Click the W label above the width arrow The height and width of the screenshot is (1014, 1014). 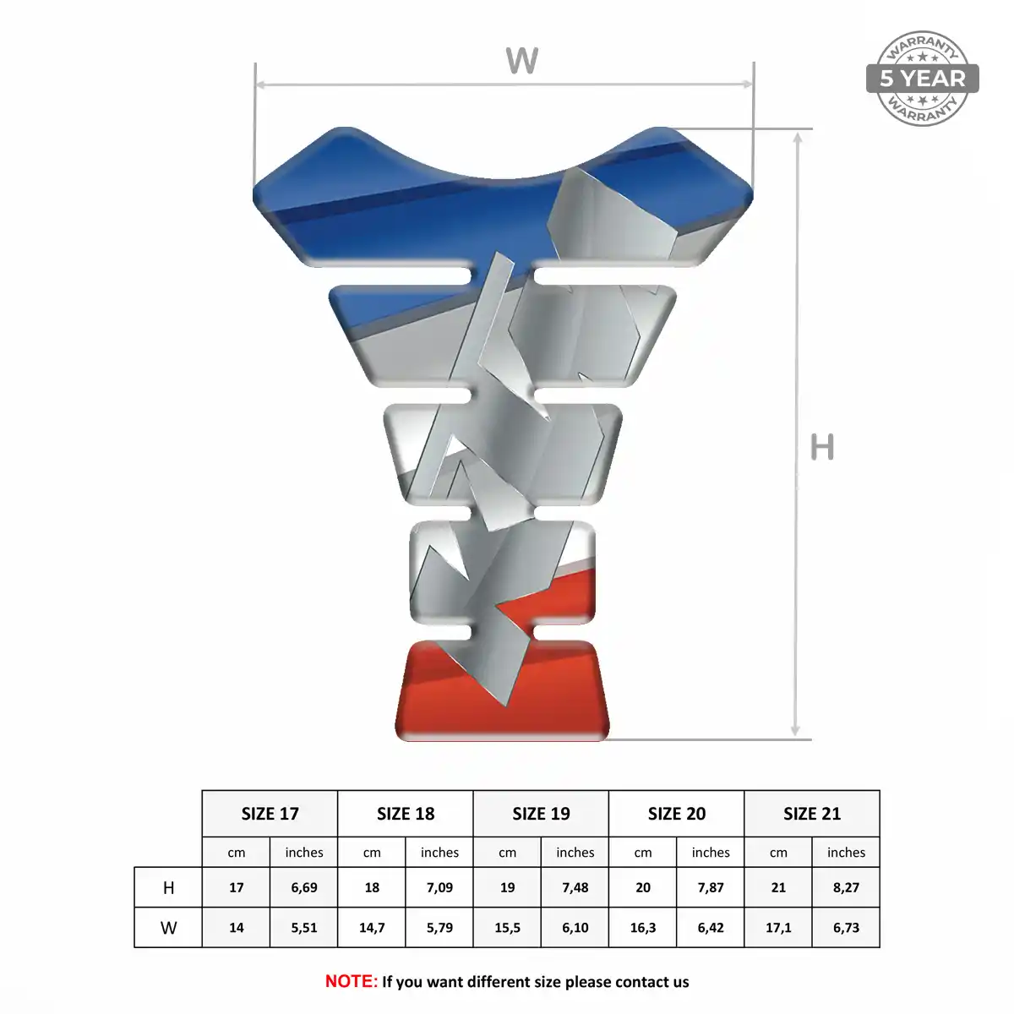(521, 61)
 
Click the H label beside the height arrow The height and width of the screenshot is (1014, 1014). (822, 447)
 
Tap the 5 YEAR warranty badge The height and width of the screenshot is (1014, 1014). (922, 79)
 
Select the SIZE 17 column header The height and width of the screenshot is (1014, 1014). (270, 814)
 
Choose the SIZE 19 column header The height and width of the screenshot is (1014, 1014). (541, 814)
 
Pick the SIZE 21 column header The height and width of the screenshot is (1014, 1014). (812, 814)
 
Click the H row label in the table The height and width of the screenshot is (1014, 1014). (168, 888)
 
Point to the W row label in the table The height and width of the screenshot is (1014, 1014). (168, 927)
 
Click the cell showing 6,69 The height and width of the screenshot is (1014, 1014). (304, 888)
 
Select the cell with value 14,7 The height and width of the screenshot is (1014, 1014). (372, 927)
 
